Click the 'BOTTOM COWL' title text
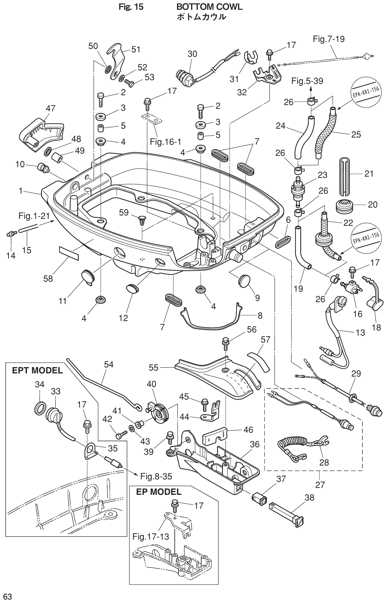(x=209, y=7)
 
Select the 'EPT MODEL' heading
(x=37, y=370)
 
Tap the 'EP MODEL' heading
(x=159, y=492)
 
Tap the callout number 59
(x=124, y=213)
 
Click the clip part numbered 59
(x=143, y=221)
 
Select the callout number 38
(x=309, y=497)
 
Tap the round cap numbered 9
(x=244, y=280)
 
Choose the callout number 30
(x=192, y=54)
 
